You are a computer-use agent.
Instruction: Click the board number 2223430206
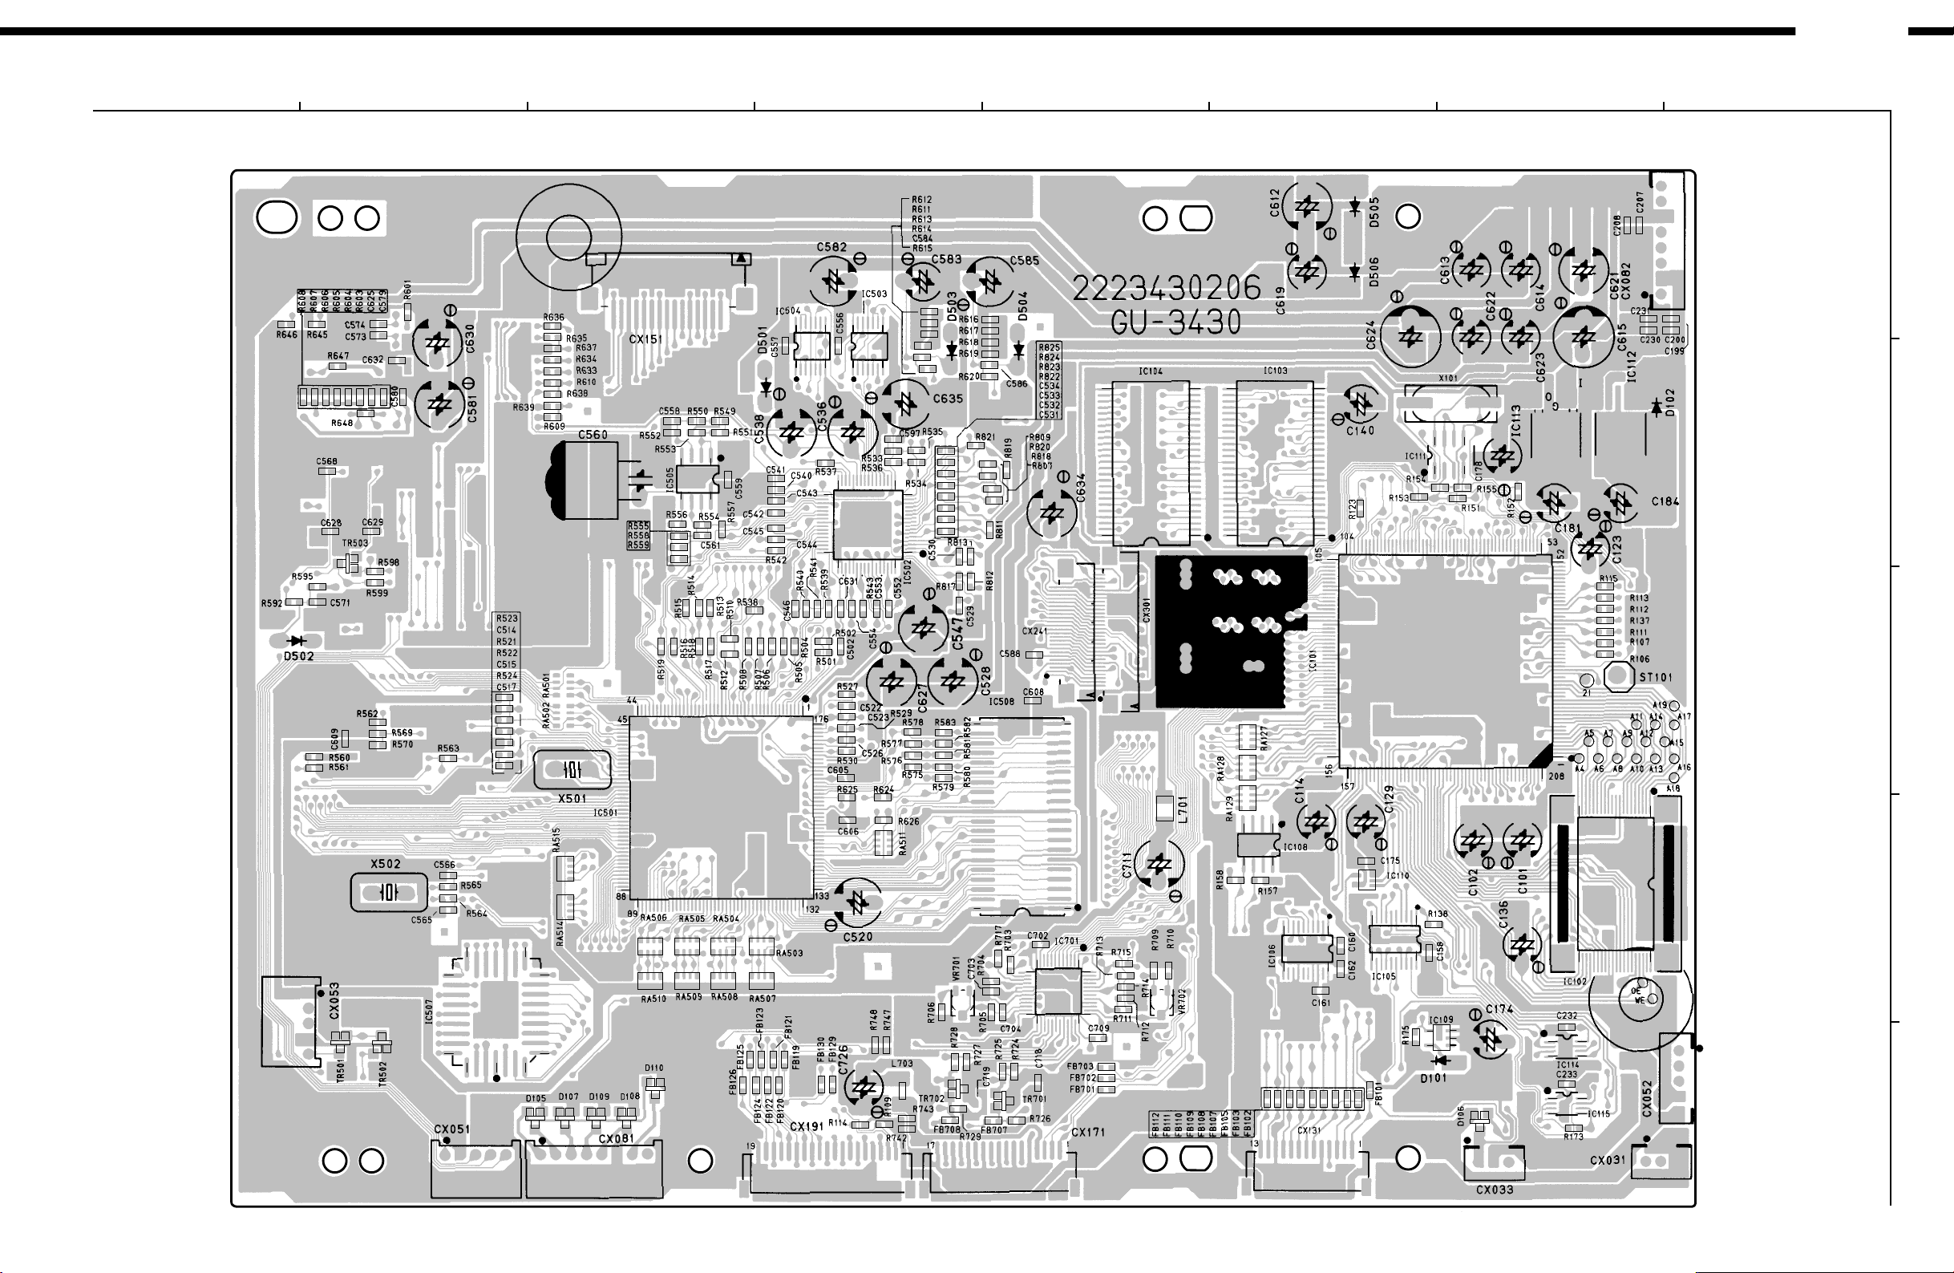(1167, 288)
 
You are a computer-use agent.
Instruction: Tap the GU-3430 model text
(1175, 322)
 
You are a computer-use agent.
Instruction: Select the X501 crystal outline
(572, 769)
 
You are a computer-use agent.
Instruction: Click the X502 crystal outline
(388, 892)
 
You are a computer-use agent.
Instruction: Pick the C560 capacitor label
(593, 435)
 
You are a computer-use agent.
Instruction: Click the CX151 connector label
(646, 339)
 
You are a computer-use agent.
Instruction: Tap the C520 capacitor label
(857, 937)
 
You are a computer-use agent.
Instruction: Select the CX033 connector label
(1495, 1190)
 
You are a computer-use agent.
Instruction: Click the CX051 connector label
(451, 1129)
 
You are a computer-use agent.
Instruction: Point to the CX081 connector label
(616, 1139)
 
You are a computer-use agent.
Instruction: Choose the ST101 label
(1655, 678)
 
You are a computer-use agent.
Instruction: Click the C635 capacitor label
(948, 399)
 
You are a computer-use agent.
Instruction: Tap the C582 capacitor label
(831, 247)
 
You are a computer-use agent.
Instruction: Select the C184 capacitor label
(1666, 502)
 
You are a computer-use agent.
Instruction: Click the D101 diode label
(1433, 1078)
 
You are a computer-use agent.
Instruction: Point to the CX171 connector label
(1088, 1133)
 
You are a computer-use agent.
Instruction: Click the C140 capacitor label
(1360, 431)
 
